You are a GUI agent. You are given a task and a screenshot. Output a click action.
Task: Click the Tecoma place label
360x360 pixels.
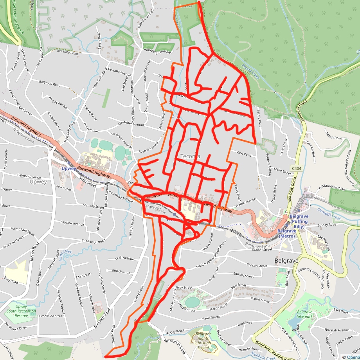(x=190, y=157)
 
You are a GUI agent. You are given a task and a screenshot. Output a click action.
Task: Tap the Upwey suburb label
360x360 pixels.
(x=38, y=182)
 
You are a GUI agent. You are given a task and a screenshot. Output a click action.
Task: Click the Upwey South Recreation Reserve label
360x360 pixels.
(x=22, y=311)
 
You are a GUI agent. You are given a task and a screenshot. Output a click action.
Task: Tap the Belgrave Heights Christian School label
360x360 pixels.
(x=203, y=340)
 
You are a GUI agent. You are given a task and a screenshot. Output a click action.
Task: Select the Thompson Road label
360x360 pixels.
(x=92, y=242)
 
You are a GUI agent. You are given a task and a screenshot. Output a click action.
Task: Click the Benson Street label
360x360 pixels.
(x=256, y=265)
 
